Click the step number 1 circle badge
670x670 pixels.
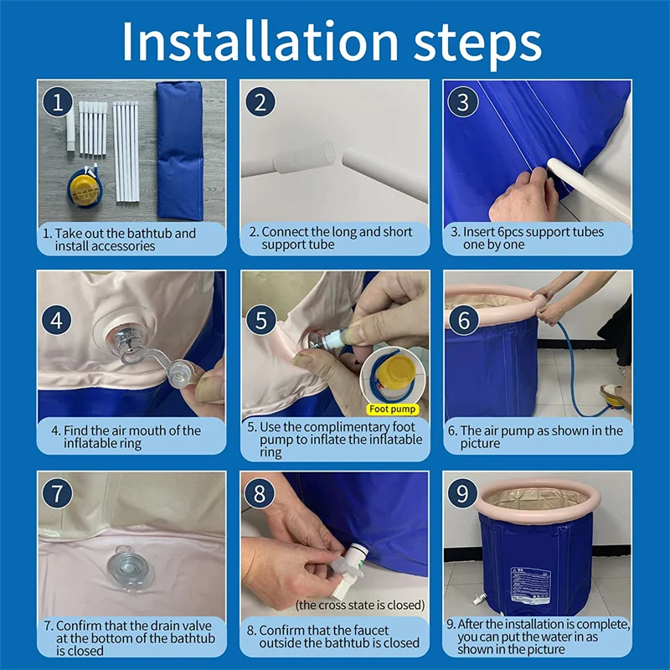[x=57, y=101]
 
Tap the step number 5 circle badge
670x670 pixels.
[x=261, y=321]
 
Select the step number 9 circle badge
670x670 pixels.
[x=463, y=493]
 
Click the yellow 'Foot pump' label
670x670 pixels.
[x=392, y=410]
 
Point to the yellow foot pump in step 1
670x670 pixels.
[x=85, y=187]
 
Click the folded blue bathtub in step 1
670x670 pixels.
[x=179, y=150]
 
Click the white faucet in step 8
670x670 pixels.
[x=349, y=569]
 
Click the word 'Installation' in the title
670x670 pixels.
[x=260, y=41]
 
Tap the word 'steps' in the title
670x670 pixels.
[x=477, y=45]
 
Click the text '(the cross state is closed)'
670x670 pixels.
[x=360, y=605]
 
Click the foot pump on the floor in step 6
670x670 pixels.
[x=616, y=403]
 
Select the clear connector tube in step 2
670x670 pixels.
[x=304, y=157]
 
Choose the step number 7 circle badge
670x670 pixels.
[x=57, y=493]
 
